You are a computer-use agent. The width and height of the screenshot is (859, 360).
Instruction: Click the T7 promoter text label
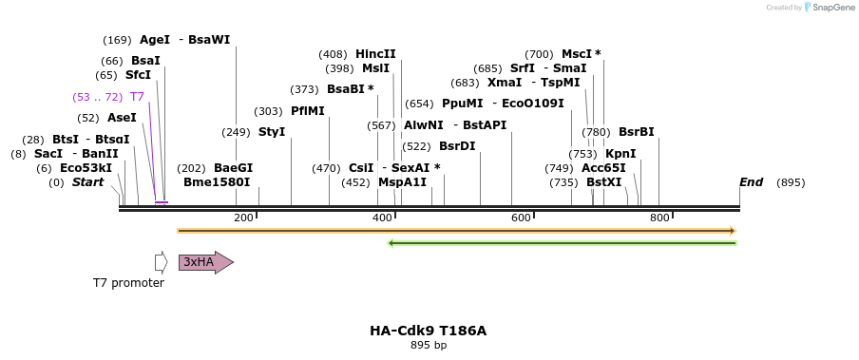pyautogui.click(x=128, y=283)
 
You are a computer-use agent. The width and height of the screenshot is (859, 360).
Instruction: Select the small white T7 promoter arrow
pyautogui.click(x=162, y=262)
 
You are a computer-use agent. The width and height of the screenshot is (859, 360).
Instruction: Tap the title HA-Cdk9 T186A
pyautogui.click(x=428, y=331)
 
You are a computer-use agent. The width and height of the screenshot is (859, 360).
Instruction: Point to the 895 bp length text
pyautogui.click(x=428, y=346)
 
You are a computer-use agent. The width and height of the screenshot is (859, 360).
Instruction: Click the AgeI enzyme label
pyautogui.click(x=155, y=40)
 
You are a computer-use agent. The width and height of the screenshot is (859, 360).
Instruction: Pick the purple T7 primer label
pyautogui.click(x=137, y=97)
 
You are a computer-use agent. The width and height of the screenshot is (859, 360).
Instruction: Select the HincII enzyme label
pyautogui.click(x=375, y=54)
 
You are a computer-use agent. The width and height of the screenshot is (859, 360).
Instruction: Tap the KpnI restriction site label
pyautogui.click(x=620, y=154)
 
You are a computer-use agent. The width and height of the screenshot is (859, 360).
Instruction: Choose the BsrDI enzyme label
pyautogui.click(x=457, y=146)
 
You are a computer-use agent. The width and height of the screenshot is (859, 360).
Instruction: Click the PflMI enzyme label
pyautogui.click(x=308, y=111)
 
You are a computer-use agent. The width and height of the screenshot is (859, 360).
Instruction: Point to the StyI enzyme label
pyautogui.click(x=272, y=132)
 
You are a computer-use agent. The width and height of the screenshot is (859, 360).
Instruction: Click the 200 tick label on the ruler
pyautogui.click(x=243, y=218)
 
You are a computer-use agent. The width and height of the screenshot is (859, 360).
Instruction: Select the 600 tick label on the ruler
pyautogui.click(x=521, y=218)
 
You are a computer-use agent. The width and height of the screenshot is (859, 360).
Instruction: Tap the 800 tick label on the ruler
pyautogui.click(x=659, y=218)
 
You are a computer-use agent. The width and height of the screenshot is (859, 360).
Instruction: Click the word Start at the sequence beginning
pyautogui.click(x=87, y=182)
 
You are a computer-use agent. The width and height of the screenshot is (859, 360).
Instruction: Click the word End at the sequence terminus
pyautogui.click(x=751, y=182)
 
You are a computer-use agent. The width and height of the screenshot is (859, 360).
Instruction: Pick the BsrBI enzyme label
pyautogui.click(x=637, y=132)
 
